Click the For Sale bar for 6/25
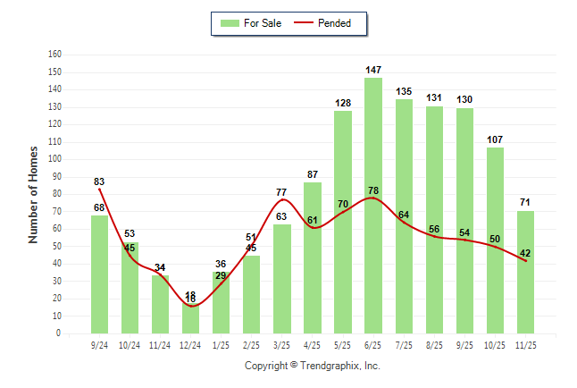coord(373,206)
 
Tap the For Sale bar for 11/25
coord(526,272)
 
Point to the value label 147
coord(373,70)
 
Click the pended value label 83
coord(99,182)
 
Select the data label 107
coord(496,139)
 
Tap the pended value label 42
coord(526,253)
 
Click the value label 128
coord(343,103)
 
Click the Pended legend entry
coord(323,23)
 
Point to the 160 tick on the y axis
coord(54,55)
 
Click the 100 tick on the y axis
coord(54,159)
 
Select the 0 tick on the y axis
coord(58,333)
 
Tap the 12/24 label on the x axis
coord(190,345)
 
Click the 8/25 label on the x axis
coord(435,345)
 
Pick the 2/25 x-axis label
coord(252,345)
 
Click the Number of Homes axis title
coord(34,194)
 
